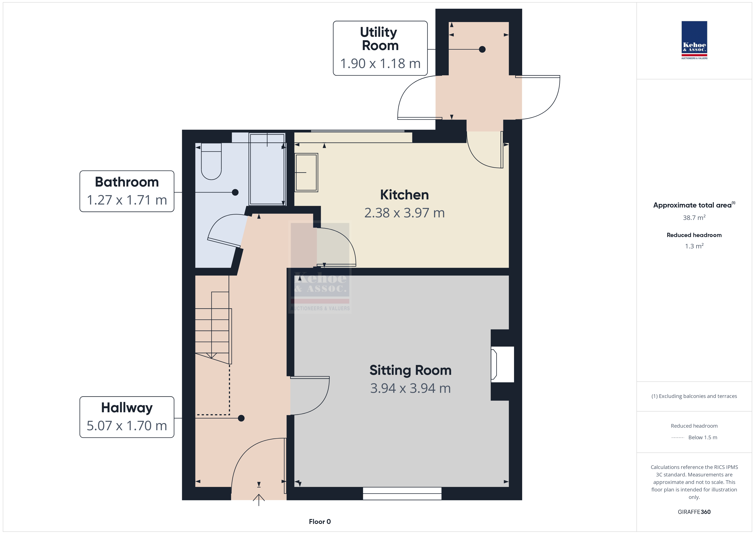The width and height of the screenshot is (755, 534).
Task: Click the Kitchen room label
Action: tap(404, 195)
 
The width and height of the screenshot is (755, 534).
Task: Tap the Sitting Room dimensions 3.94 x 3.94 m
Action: tap(410, 388)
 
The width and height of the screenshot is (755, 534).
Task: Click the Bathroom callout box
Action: tap(127, 191)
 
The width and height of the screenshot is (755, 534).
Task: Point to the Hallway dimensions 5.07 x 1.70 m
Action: tap(127, 426)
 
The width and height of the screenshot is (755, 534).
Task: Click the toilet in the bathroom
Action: tap(211, 161)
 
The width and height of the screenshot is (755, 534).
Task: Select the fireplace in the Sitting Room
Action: tap(502, 364)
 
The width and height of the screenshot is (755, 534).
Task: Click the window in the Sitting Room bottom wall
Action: tap(402, 494)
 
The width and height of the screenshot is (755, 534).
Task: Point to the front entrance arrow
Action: tap(259, 500)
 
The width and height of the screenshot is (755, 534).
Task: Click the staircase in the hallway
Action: tap(213, 328)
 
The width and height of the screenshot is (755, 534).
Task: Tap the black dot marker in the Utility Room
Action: tap(482, 49)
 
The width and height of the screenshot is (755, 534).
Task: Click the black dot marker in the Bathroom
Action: tap(235, 192)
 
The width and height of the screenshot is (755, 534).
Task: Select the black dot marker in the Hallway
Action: tap(241, 418)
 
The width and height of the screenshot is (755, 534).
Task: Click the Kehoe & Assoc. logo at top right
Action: tap(694, 40)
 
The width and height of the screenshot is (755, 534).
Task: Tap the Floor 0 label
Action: tap(320, 522)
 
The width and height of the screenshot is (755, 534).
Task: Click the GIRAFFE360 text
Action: tap(694, 512)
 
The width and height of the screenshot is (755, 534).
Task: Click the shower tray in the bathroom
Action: tap(267, 169)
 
